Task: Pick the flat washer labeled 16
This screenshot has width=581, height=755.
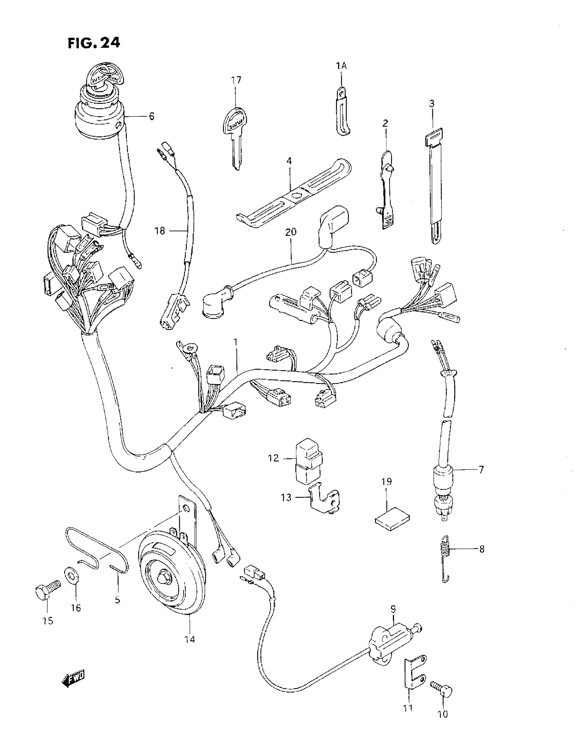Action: tap(71, 576)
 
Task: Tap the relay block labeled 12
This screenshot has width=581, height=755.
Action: tap(308, 460)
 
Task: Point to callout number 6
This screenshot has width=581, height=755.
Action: tap(151, 116)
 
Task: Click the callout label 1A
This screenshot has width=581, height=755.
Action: tap(341, 66)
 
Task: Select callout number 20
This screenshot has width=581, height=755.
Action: tap(291, 232)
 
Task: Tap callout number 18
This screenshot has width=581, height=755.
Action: tap(160, 231)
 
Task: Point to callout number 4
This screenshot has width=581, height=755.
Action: tap(289, 161)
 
